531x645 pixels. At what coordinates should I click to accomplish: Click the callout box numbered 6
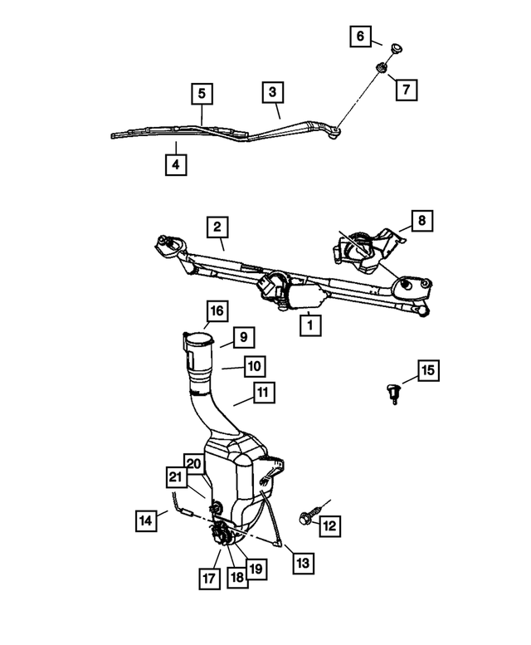pos(360,37)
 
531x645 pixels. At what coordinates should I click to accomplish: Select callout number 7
pos(406,87)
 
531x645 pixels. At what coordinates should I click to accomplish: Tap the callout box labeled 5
pos(201,93)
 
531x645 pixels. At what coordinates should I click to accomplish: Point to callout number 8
pos(421,221)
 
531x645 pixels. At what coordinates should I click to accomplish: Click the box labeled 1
pos(309,324)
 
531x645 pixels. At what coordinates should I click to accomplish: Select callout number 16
pos(216,311)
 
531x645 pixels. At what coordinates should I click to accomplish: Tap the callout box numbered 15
pos(428,370)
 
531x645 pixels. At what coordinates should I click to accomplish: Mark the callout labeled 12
pos(330,525)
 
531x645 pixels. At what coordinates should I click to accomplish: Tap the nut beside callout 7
pos(383,68)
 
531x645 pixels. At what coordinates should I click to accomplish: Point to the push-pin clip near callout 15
pos(394,389)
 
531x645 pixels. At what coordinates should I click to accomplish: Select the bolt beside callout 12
pos(304,515)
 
